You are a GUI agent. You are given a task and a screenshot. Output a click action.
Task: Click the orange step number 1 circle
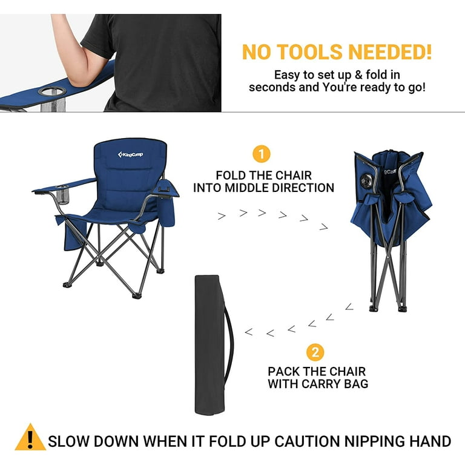click(x=262, y=154)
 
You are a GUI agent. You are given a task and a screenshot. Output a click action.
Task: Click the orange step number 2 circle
click(x=315, y=352)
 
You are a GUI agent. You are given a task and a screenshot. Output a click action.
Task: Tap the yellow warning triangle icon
click(x=30, y=437)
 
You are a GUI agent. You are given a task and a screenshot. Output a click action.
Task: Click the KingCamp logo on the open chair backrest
click(x=130, y=154)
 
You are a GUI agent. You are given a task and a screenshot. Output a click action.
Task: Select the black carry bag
click(x=211, y=345)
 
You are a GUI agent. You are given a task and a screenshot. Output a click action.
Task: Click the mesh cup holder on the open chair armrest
click(x=62, y=194)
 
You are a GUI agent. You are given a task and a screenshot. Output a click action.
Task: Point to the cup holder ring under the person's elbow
click(x=51, y=91)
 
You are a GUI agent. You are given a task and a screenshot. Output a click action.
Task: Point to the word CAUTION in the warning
click(x=306, y=441)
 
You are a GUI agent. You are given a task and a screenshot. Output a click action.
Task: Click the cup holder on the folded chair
click(x=365, y=180)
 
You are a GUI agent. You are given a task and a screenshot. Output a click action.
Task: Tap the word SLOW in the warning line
click(x=68, y=441)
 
